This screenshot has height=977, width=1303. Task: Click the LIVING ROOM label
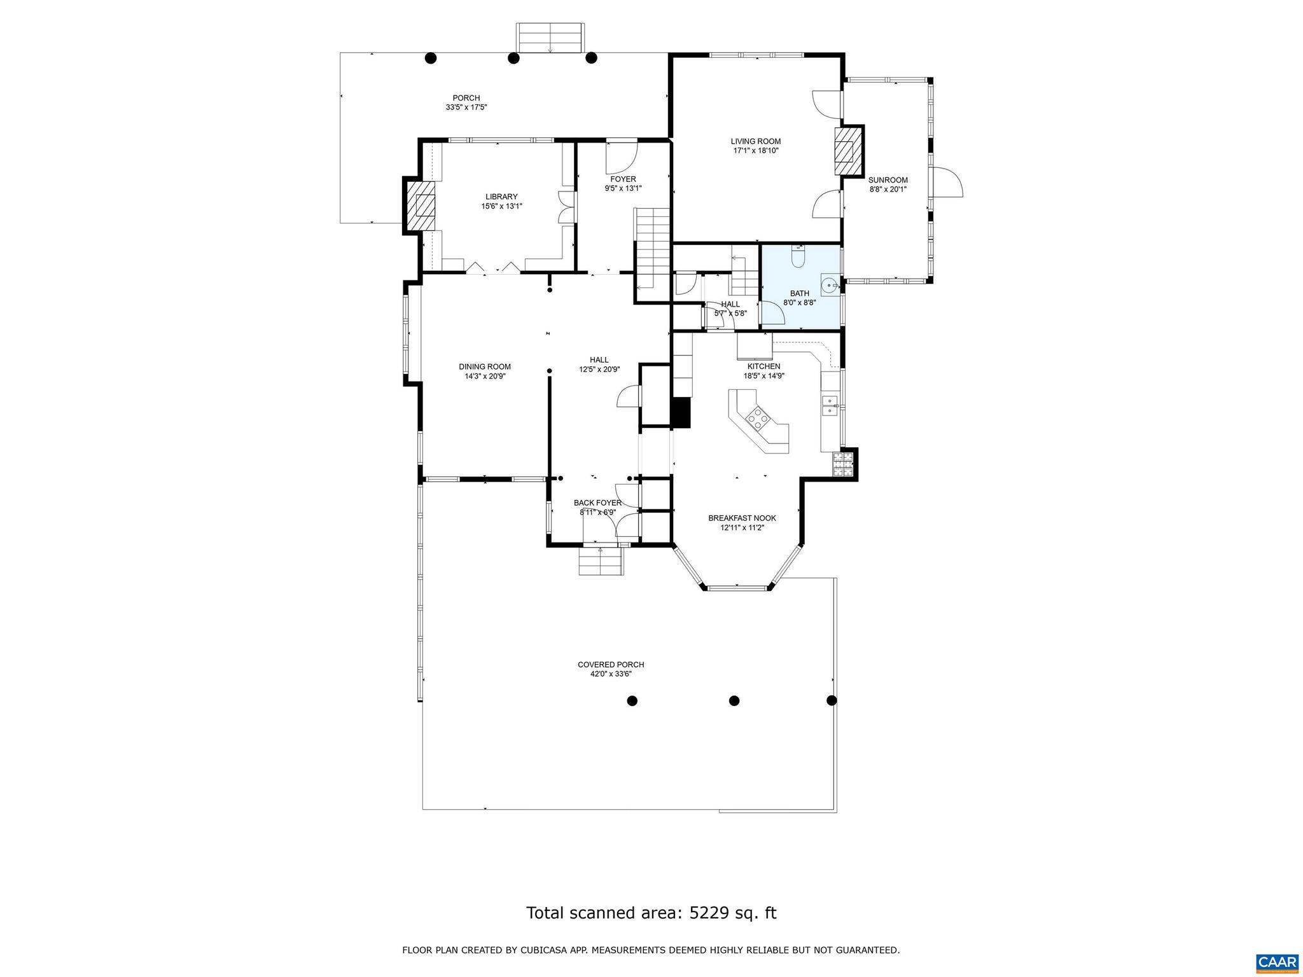click(x=755, y=141)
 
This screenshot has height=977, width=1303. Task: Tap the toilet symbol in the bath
click(x=798, y=258)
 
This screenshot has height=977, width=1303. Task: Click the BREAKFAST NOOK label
click(x=742, y=518)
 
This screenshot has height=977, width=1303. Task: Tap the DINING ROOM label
click(x=485, y=366)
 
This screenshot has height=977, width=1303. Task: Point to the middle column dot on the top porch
click(x=513, y=58)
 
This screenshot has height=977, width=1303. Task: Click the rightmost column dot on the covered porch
click(x=831, y=700)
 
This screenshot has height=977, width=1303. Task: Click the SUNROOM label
click(x=888, y=180)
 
